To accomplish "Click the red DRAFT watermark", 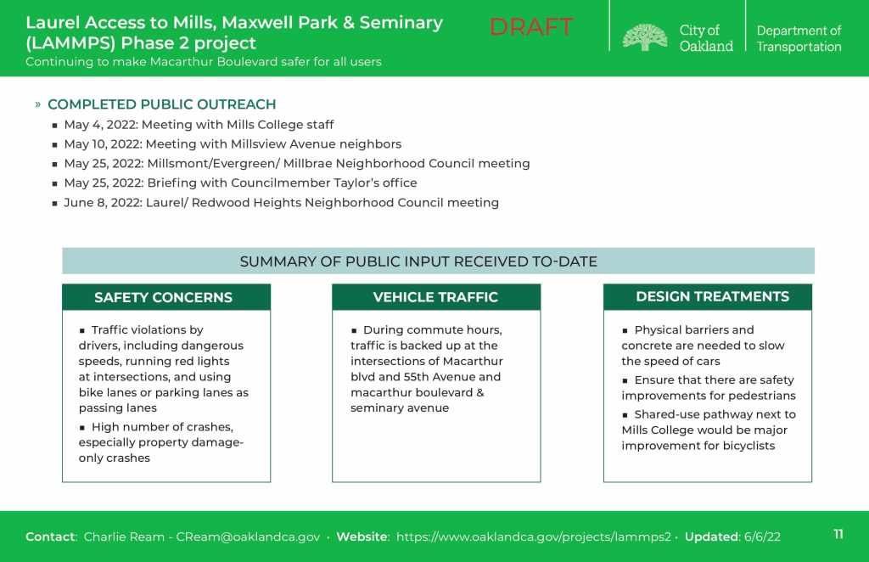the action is coord(530,27).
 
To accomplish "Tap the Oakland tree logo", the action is coord(645,37).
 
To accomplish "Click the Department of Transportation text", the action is coord(799,39).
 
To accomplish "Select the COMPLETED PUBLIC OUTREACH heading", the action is coord(162,104).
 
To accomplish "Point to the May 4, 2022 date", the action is coord(101,125).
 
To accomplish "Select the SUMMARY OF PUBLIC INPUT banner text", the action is coord(418,261).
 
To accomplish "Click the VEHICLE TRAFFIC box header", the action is coord(435,297).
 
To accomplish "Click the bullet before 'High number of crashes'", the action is coord(82,427).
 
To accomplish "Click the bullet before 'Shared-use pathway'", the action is coord(625,414).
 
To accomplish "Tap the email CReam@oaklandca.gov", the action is coord(248,537).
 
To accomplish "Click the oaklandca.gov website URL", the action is coord(533,537).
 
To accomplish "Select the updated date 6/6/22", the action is coord(762,537).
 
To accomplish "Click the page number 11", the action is coord(838,534).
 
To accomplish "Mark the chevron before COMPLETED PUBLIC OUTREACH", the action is coord(37,104).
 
